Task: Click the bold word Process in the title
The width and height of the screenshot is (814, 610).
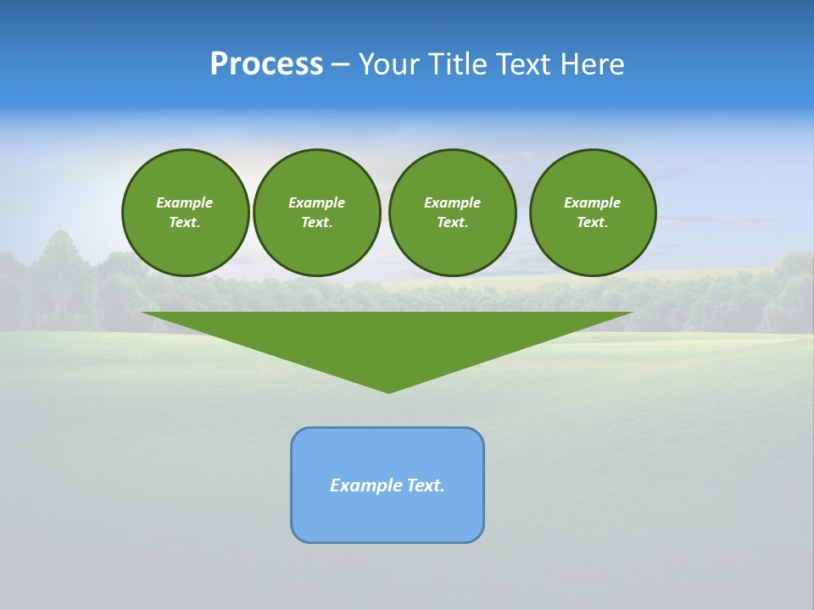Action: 266,64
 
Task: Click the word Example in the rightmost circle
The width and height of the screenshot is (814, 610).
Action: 592,202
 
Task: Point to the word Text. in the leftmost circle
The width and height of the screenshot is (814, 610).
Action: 185,223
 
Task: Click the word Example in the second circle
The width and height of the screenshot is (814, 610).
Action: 316,202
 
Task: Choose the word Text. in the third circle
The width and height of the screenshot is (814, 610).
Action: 452,223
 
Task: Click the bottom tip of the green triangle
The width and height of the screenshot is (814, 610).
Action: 388,390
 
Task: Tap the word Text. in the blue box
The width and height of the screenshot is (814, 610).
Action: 426,485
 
